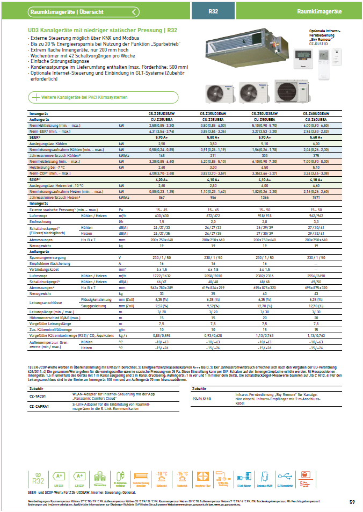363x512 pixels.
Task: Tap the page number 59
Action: (352, 502)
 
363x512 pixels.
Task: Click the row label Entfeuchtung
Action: (41, 221)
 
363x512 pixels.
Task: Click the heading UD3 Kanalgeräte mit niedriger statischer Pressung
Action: (103, 31)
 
